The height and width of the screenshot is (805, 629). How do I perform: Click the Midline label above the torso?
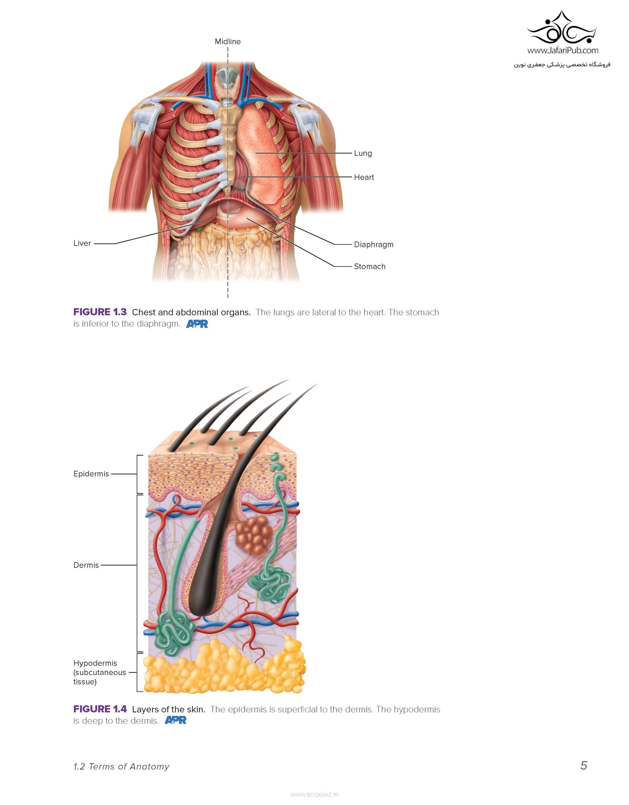(x=227, y=42)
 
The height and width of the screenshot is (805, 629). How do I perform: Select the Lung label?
(x=363, y=153)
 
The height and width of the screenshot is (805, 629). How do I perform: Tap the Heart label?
(x=364, y=177)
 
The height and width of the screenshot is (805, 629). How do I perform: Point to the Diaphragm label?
(x=374, y=245)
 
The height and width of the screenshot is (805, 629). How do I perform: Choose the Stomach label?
(x=369, y=266)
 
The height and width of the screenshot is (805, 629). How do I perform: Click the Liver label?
(x=82, y=243)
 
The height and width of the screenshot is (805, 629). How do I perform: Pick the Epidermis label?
(x=91, y=474)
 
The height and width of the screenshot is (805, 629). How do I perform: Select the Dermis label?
(x=86, y=565)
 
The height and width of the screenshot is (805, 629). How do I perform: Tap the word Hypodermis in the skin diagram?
(x=95, y=663)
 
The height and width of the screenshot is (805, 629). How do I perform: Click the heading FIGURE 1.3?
(x=100, y=312)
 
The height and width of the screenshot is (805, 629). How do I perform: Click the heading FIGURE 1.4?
(x=100, y=709)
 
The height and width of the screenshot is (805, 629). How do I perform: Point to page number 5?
(x=584, y=766)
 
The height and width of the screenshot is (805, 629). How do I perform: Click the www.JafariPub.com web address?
(x=563, y=51)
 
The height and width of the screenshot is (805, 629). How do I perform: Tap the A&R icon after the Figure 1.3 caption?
(x=197, y=324)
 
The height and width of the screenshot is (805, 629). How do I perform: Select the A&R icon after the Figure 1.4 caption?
(x=175, y=720)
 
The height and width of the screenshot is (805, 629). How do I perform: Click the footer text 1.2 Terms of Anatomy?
(x=121, y=767)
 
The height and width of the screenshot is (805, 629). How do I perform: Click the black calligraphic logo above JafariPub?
(x=562, y=29)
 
